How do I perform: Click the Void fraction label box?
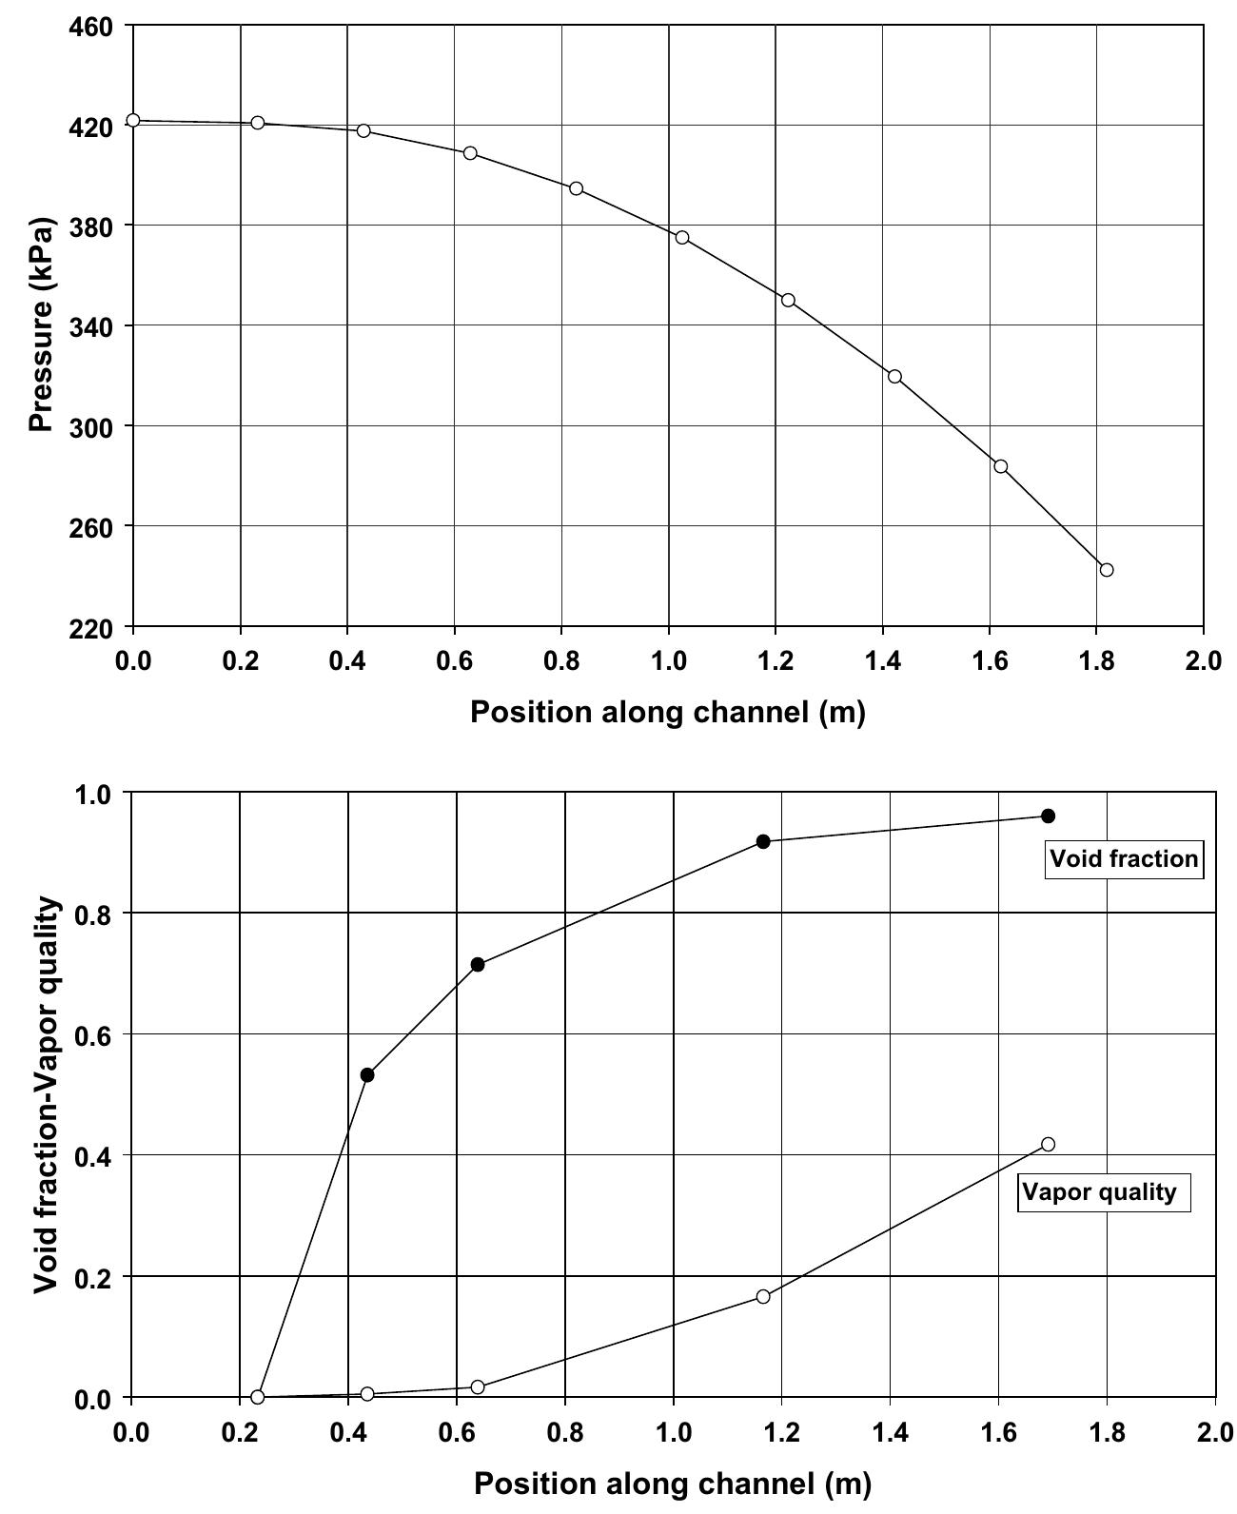[x=1123, y=858]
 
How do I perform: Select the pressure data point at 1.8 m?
[x=1106, y=569]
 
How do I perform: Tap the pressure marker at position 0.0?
[x=133, y=120]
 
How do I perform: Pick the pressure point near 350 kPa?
[x=788, y=300]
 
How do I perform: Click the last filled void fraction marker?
[x=1048, y=816]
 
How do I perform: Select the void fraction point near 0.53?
[x=367, y=1074]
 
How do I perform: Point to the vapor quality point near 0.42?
[x=1048, y=1144]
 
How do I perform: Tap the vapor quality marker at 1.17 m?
[x=763, y=1296]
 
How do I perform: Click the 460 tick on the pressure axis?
[x=92, y=28]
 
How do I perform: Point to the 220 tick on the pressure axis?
[x=92, y=628]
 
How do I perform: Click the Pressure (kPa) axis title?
[x=41, y=324]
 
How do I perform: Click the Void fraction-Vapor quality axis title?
[x=48, y=1094]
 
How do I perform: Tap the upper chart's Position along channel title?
[x=668, y=712]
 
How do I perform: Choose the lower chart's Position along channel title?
[x=672, y=1483]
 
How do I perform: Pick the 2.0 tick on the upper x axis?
[x=1204, y=661]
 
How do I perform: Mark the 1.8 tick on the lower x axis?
[x=1107, y=1432]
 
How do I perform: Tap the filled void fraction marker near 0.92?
[x=763, y=841]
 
